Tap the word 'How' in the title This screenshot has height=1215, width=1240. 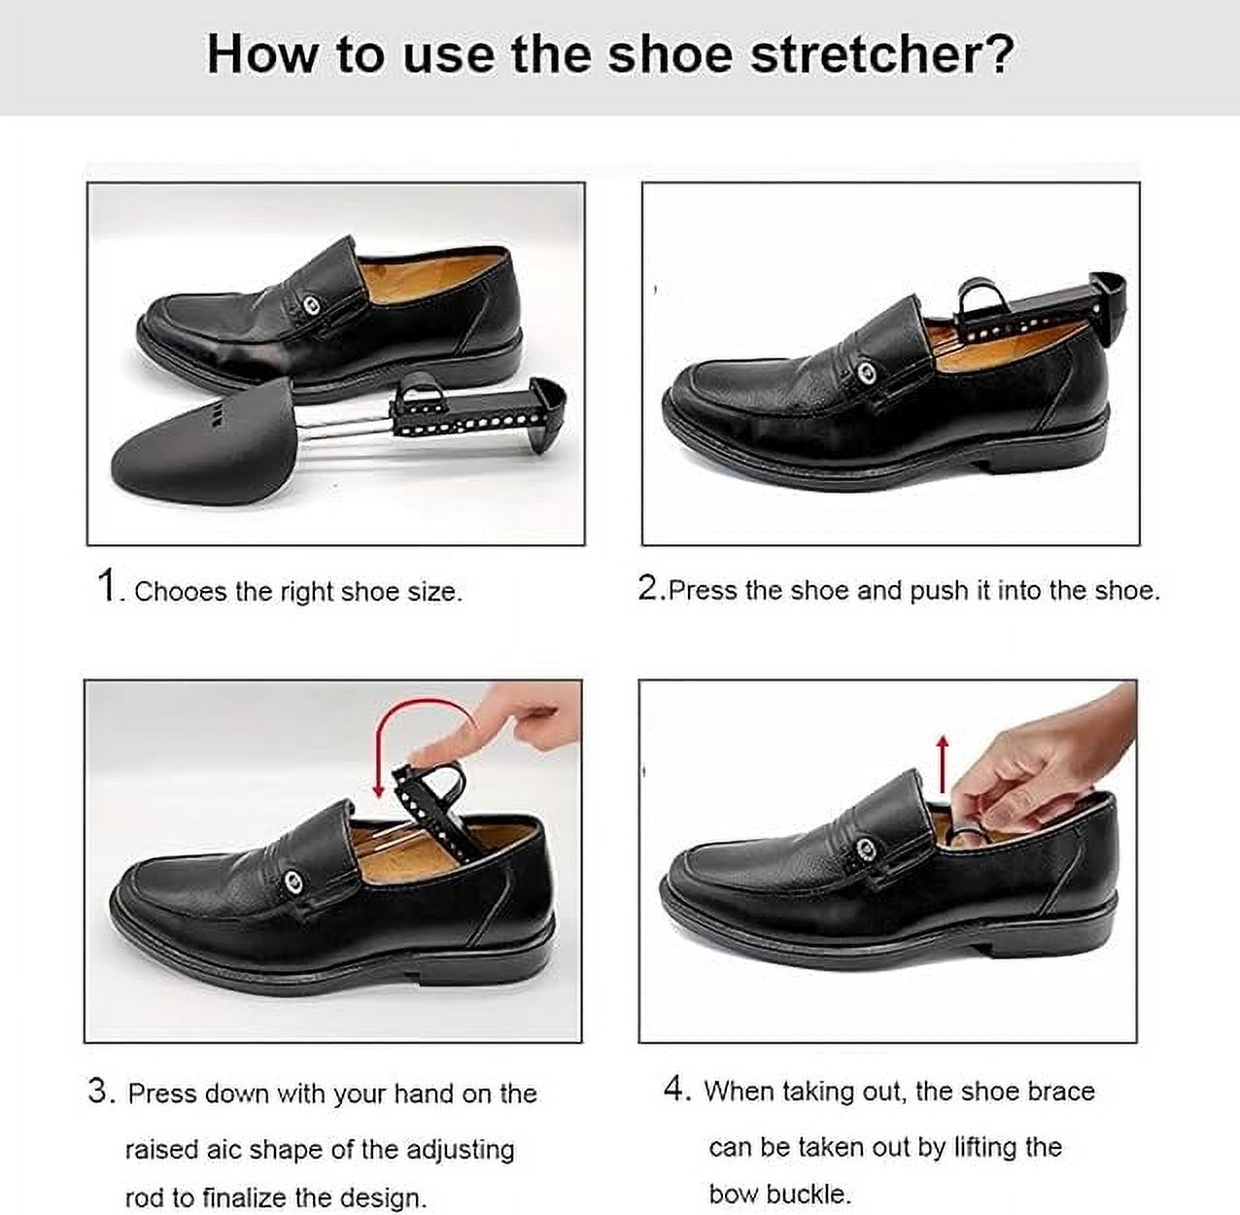pos(262,55)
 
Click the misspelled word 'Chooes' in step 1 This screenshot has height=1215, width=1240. pos(181,591)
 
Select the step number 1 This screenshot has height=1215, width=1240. pos(106,586)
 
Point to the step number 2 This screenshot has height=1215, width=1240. pos(649,587)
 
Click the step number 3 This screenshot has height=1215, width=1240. pos(99,1091)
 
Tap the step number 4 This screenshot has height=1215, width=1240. pos(674,1090)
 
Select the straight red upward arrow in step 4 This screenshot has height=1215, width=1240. pos(943,765)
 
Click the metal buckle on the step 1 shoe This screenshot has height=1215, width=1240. pos(313,306)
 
